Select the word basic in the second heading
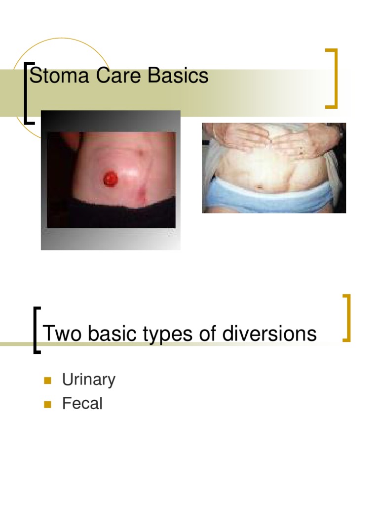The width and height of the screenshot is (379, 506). (111, 334)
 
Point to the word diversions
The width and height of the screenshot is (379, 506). (269, 334)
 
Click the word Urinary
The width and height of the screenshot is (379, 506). (88, 380)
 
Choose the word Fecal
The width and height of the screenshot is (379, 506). (82, 404)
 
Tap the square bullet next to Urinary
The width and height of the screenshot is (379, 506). (47, 380)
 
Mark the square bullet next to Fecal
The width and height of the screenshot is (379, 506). (47, 404)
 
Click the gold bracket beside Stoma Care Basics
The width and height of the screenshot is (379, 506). (334, 78)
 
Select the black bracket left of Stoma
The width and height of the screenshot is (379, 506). (28, 92)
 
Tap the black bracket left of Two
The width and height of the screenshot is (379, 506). (36, 330)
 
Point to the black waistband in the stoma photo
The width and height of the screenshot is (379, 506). (111, 215)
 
